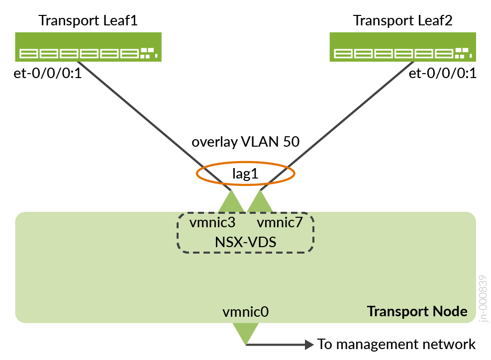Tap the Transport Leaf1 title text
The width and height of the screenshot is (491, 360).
point(88,21)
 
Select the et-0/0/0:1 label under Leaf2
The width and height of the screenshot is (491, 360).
point(442,74)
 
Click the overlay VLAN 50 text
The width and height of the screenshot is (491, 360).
point(246,142)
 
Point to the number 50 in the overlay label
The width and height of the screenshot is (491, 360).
point(291,142)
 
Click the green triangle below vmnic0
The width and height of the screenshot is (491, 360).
point(246,332)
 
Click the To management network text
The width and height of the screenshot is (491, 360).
point(396,344)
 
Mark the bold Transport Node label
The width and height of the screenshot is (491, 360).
point(417,311)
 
